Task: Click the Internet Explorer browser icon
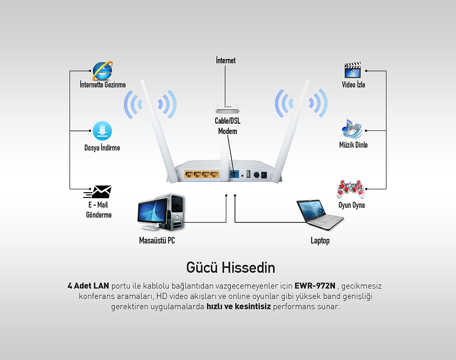[102, 70]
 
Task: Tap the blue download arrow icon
[102, 131]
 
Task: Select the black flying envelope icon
[98, 192]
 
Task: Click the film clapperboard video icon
[352, 70]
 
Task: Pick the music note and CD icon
[352, 128]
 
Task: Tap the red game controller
[350, 189]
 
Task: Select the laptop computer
[320, 215]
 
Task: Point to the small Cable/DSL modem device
[227, 109]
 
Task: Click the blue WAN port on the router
[234, 174]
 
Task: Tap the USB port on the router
[249, 174]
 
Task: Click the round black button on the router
[256, 175]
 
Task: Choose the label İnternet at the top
[226, 60]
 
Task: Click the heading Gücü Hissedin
[231, 267]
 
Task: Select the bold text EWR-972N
[315, 286]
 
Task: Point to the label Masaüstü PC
[157, 241]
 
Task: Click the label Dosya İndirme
[102, 148]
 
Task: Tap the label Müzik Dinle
[353, 144]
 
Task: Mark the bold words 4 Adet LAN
[88, 286]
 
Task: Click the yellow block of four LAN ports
[202, 174]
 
